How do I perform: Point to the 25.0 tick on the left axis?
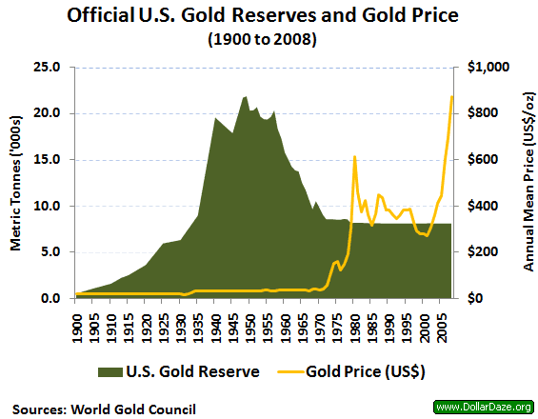tap(48, 68)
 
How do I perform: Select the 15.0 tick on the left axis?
tap(48, 160)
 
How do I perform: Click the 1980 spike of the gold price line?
tap(354, 157)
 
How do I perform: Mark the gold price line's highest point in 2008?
tap(451, 96)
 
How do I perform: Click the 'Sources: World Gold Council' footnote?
tap(105, 408)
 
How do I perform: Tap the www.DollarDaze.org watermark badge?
tap(484, 407)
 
